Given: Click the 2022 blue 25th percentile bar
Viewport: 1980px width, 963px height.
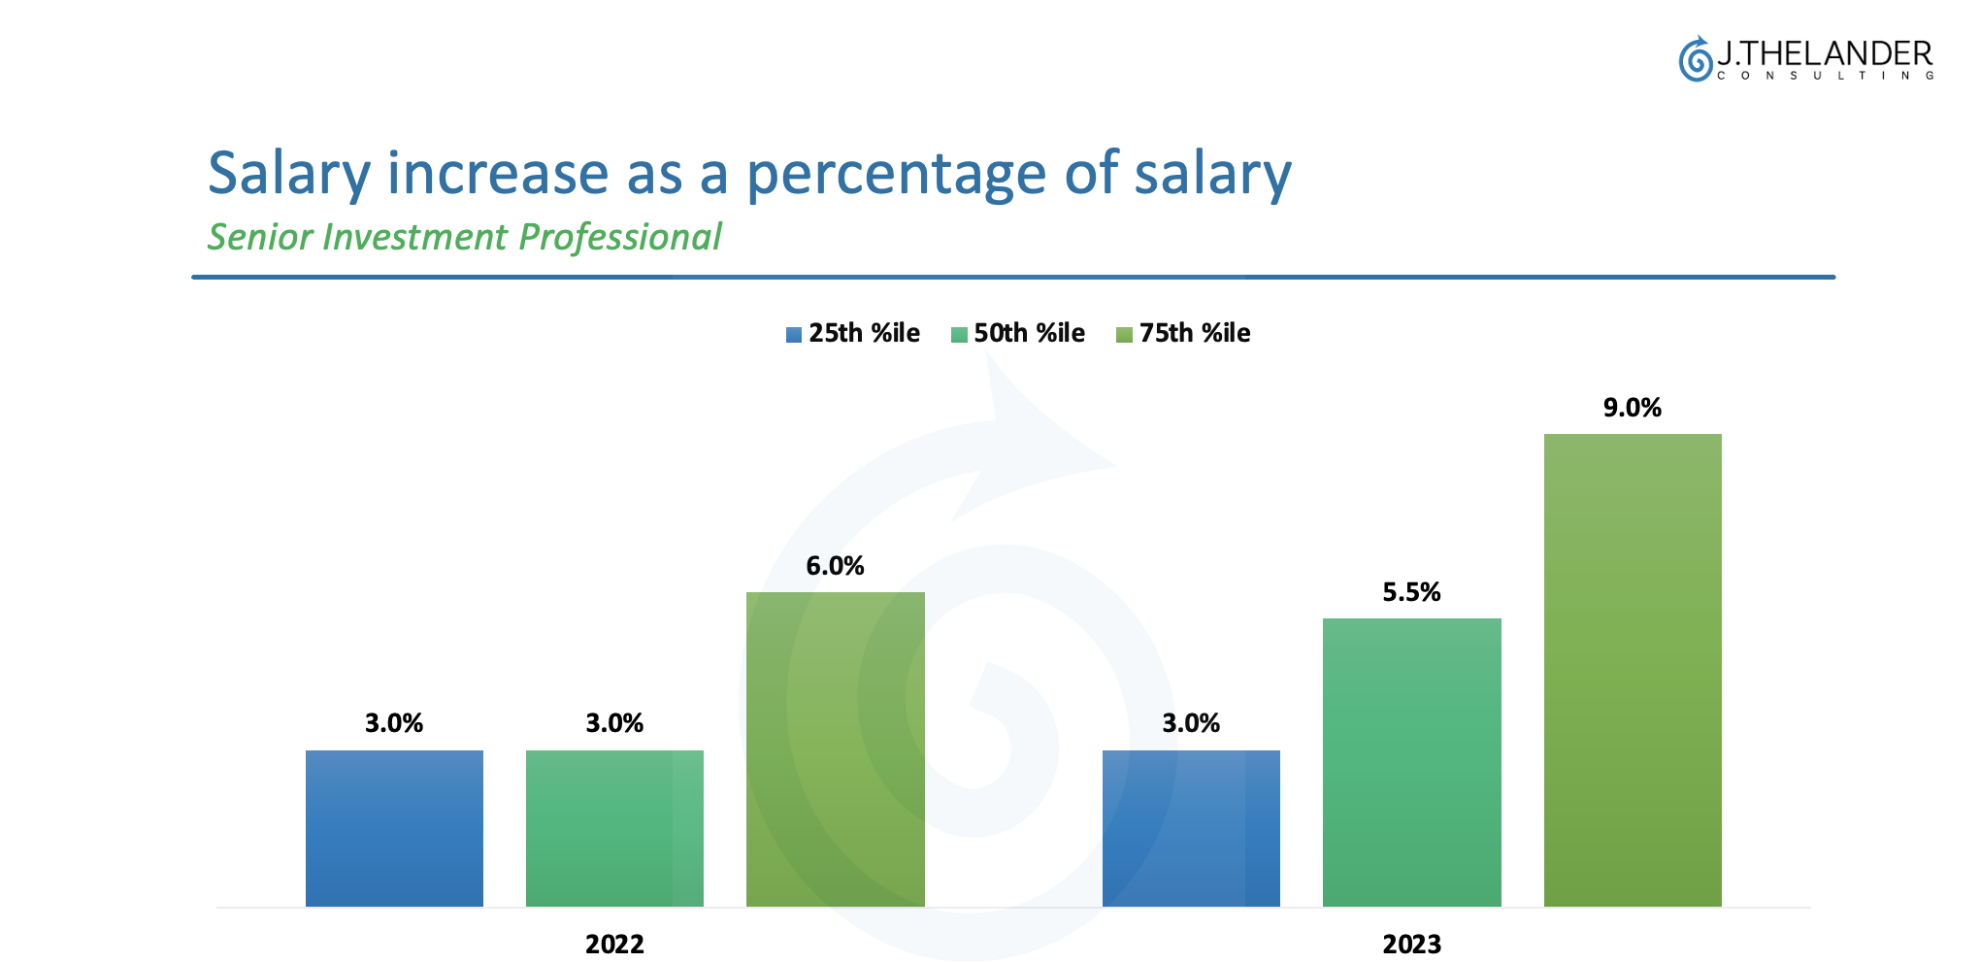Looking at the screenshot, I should click(394, 828).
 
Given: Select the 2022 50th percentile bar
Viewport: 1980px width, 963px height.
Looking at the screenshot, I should click(614, 828).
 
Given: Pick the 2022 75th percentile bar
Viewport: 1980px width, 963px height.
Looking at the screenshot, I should click(835, 748).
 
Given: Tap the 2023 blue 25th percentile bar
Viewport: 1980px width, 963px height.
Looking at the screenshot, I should click(1191, 828).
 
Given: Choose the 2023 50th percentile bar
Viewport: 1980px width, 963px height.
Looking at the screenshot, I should click(1411, 762).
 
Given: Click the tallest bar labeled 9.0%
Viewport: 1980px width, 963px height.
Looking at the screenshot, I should click(1633, 670).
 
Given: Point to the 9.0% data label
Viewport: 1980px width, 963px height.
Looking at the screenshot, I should click(1633, 408).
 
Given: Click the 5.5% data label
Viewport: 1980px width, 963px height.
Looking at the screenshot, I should click(1411, 592).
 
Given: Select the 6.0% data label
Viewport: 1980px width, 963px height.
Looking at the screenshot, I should click(835, 566).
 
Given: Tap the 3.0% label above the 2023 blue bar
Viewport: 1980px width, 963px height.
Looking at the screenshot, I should click(1191, 723).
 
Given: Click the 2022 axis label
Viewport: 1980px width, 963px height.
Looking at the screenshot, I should click(614, 944).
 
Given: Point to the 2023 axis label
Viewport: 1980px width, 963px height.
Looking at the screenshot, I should click(1411, 944).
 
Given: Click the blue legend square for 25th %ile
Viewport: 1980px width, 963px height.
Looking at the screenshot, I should click(794, 335).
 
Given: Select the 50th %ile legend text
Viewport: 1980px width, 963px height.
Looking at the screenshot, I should click(1029, 333).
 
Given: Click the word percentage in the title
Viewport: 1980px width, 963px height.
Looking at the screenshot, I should click(896, 175).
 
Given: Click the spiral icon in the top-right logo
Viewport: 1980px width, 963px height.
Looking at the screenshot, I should click(1696, 60).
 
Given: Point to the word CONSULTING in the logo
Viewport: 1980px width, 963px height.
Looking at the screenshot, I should click(1825, 76).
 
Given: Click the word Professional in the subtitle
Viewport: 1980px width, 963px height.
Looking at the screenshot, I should click(620, 237).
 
